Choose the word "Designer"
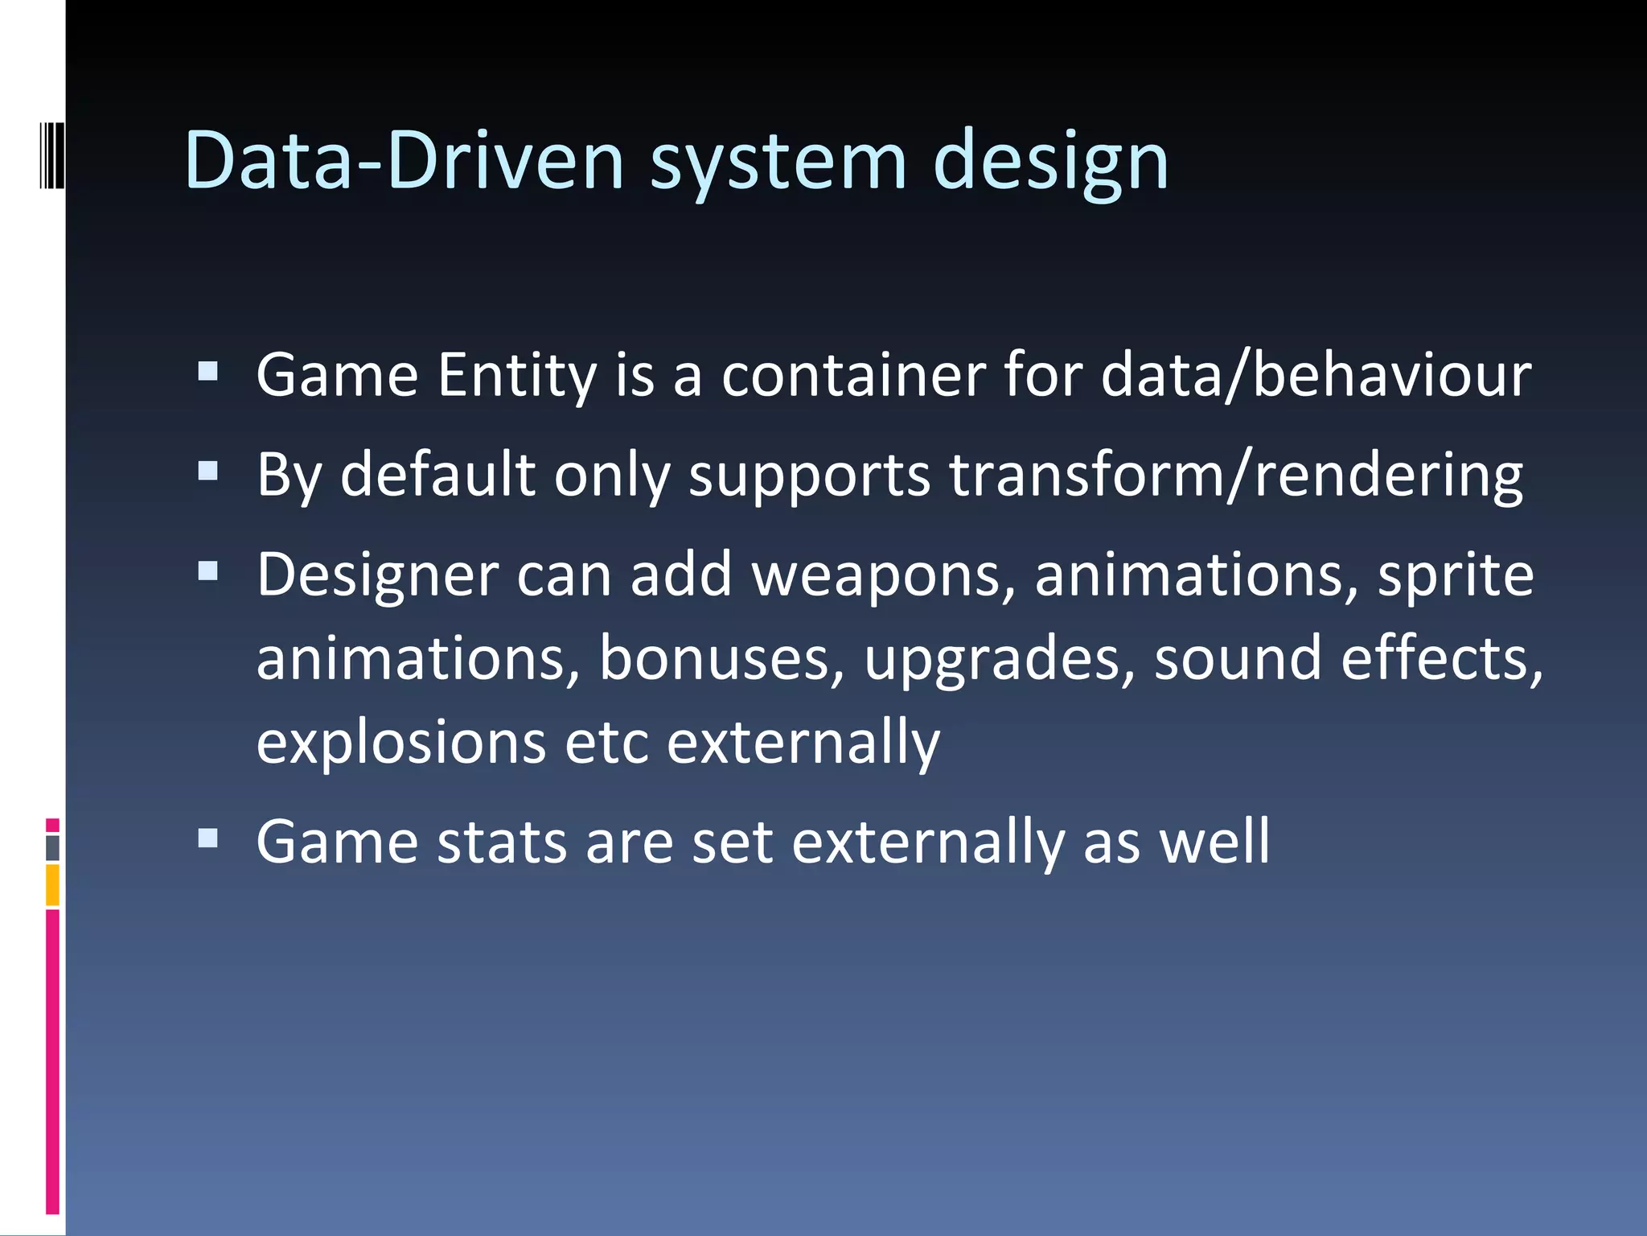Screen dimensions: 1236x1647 pos(378,576)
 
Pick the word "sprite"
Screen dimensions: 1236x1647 pos(1456,576)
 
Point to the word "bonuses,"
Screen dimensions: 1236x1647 pos(722,659)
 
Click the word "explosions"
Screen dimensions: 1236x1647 pos(401,742)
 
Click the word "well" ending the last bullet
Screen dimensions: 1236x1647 pos(1214,843)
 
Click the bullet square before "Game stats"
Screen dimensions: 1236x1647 pos(208,838)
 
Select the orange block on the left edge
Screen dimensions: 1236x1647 pos(52,885)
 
